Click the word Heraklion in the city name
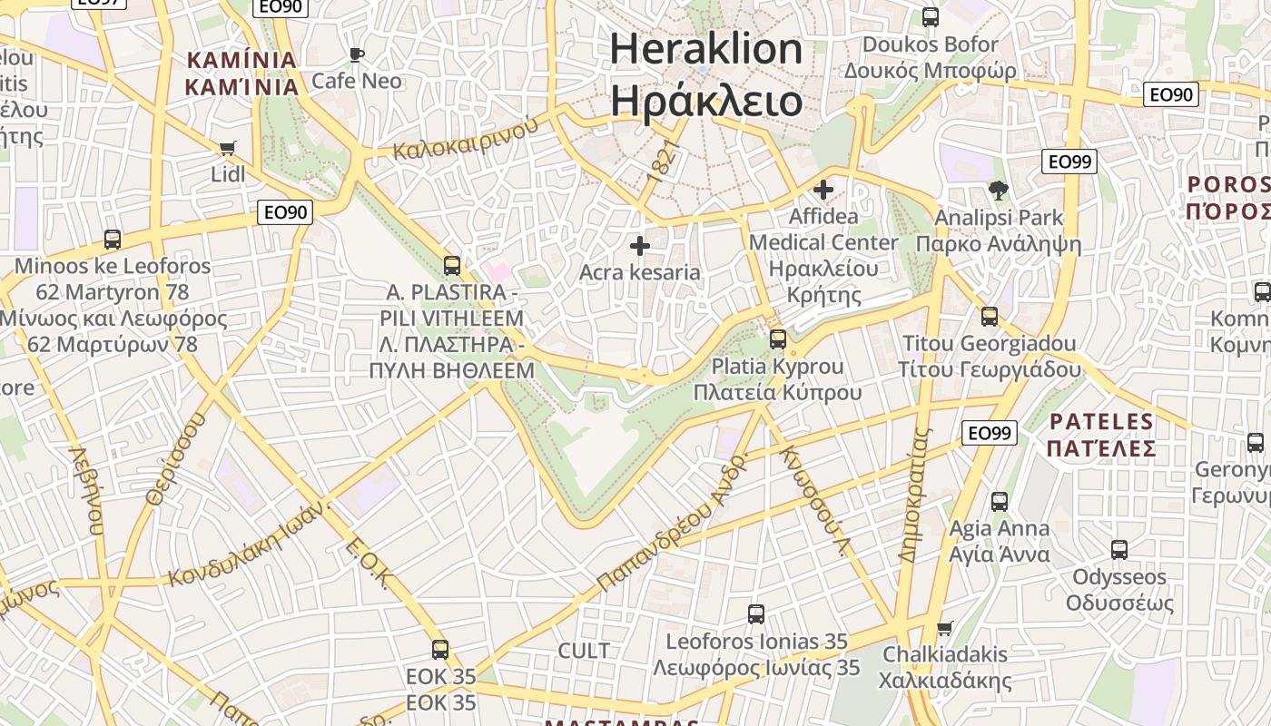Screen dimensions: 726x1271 tap(706, 49)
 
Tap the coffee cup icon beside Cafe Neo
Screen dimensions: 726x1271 tap(357, 54)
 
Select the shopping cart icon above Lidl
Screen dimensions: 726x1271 tap(228, 148)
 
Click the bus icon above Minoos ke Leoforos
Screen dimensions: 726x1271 tap(113, 240)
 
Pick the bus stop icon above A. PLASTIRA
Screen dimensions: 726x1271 tap(451, 266)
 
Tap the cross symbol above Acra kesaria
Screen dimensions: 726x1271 tap(640, 245)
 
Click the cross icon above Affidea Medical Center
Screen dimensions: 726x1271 tap(823, 190)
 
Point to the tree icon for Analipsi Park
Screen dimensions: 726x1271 tap(999, 191)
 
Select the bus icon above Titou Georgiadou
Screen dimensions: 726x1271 tap(990, 317)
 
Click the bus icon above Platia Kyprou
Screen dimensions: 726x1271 tap(778, 339)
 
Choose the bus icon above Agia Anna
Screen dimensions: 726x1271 tap(1000, 501)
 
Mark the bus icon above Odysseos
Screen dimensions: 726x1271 tap(1119, 549)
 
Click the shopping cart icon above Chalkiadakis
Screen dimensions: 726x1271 tap(945, 628)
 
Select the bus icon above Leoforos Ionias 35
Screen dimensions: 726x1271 tap(756, 614)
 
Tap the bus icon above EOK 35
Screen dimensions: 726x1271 tap(440, 650)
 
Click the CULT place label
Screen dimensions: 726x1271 tap(584, 651)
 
